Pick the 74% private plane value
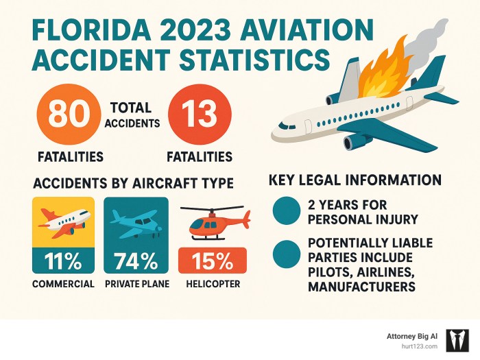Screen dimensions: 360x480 click(136, 260)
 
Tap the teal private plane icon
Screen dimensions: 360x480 click(136, 222)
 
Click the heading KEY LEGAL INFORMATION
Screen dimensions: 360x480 click(355, 180)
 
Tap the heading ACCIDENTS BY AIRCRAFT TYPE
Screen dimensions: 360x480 click(133, 184)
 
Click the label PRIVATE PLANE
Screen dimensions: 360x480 click(136, 284)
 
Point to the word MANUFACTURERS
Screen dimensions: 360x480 click(361, 287)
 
